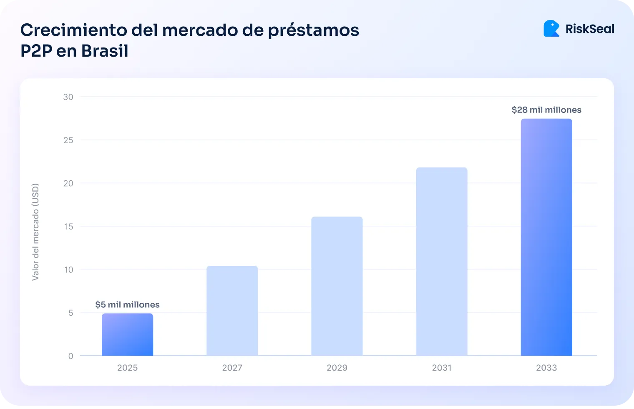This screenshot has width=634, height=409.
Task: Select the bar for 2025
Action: [x=127, y=334]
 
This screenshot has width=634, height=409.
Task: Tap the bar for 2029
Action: [x=337, y=286]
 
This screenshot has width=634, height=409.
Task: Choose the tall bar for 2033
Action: [x=546, y=237]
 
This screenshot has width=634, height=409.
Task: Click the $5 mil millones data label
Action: [x=127, y=304]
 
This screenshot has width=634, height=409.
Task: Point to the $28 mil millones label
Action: [x=546, y=110]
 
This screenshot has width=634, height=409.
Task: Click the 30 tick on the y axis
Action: [x=68, y=97]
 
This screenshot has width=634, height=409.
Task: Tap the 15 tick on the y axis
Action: [x=68, y=227]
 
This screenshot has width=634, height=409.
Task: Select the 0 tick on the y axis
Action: [x=70, y=356]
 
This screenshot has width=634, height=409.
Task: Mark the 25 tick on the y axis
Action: [x=68, y=140]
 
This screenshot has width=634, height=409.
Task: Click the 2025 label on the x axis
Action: [x=127, y=368]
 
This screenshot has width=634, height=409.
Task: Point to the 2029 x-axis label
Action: [x=337, y=368]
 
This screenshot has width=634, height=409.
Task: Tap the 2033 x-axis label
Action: [x=546, y=368]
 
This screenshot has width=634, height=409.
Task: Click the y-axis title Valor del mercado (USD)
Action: [x=35, y=232]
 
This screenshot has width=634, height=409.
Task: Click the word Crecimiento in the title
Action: [x=73, y=30]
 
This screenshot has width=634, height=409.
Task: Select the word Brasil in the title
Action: [x=105, y=51]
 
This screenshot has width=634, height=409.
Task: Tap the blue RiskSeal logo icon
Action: [x=551, y=28]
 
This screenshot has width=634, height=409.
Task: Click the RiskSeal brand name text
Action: [x=589, y=29]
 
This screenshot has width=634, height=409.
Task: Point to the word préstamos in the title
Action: [x=313, y=30]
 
